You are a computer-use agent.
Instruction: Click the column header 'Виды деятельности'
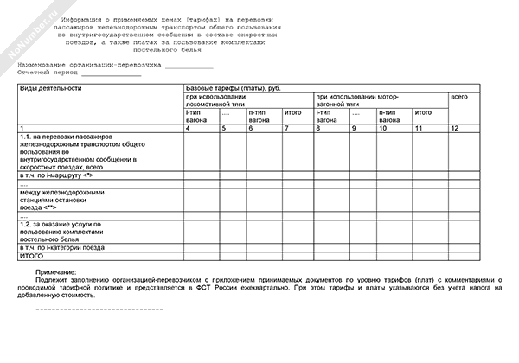coord(51,88)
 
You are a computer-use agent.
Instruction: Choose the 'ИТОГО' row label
coord(31,256)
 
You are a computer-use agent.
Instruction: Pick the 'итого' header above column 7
coord(292,112)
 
